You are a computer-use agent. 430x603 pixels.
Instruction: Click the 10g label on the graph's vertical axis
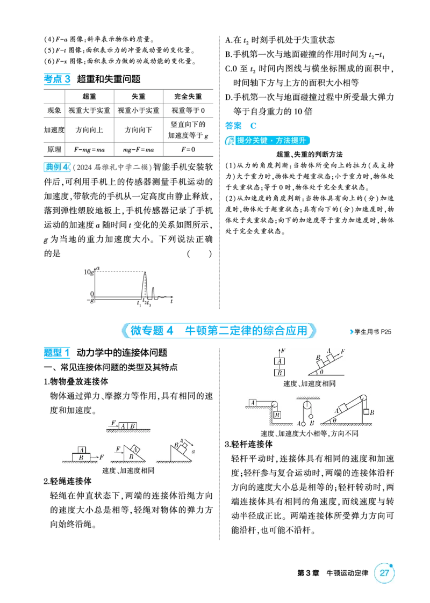pyautogui.click(x=89, y=272)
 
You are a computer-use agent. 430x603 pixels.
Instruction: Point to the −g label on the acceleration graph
pyautogui.click(x=90, y=300)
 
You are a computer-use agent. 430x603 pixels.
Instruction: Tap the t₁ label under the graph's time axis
pyautogui.click(x=139, y=304)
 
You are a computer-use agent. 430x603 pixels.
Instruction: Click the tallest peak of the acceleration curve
pyautogui.click(x=145, y=272)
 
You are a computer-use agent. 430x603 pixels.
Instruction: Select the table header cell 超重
pyautogui.click(x=89, y=96)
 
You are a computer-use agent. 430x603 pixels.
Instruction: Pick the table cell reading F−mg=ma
pyautogui.click(x=89, y=150)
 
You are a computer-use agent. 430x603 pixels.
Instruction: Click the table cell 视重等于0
pyautogui.click(x=188, y=111)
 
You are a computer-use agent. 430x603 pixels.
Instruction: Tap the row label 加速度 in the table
pyautogui.click(x=54, y=130)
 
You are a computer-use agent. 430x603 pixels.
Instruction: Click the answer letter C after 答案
pyautogui.click(x=253, y=126)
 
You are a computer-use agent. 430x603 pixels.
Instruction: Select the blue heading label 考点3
pyautogui.click(x=57, y=79)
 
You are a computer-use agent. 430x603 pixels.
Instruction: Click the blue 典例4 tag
pyautogui.click(x=57, y=167)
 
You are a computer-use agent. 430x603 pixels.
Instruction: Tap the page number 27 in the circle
pyautogui.click(x=384, y=573)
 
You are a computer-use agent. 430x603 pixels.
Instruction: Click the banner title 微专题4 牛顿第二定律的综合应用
pyautogui.click(x=219, y=330)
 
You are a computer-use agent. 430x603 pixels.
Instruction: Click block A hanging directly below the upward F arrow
pyautogui.click(x=279, y=361)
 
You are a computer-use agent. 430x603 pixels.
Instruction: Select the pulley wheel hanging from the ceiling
pyautogui.click(x=307, y=406)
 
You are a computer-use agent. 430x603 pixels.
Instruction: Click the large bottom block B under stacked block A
pyautogui.click(x=81, y=457)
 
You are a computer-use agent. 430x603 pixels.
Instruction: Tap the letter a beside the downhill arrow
pyautogui.click(x=193, y=452)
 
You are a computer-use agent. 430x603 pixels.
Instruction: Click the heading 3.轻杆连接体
pyautogui.click(x=249, y=445)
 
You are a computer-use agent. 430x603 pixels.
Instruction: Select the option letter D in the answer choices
pyautogui.click(x=228, y=97)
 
